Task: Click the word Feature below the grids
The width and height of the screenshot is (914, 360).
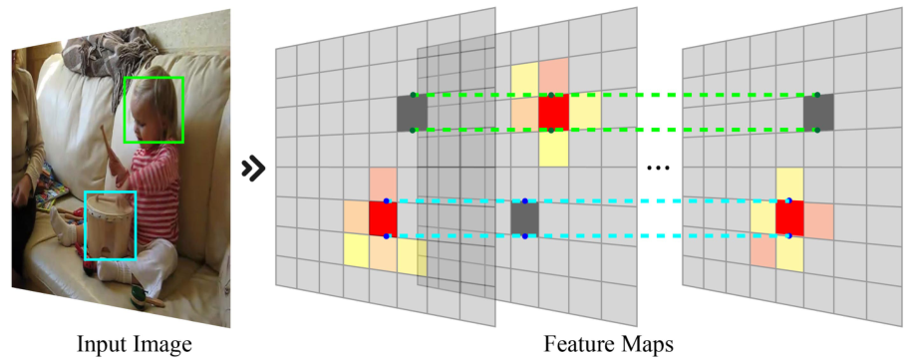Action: (x=576, y=345)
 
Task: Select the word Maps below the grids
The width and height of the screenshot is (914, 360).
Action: (x=648, y=345)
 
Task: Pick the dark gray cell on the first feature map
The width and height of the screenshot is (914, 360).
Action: (x=412, y=113)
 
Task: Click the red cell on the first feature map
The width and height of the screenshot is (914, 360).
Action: (x=383, y=218)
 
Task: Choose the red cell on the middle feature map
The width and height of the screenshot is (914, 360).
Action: (x=554, y=113)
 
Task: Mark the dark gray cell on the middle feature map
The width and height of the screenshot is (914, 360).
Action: (x=525, y=218)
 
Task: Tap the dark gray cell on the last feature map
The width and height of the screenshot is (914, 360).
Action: (x=817, y=113)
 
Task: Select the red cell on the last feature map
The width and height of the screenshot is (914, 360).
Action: (x=789, y=218)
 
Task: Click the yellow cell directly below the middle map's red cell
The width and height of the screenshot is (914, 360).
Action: (x=554, y=148)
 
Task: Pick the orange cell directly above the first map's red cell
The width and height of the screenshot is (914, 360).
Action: (x=383, y=184)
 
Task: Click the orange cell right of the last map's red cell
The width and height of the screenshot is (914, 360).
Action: (x=818, y=220)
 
